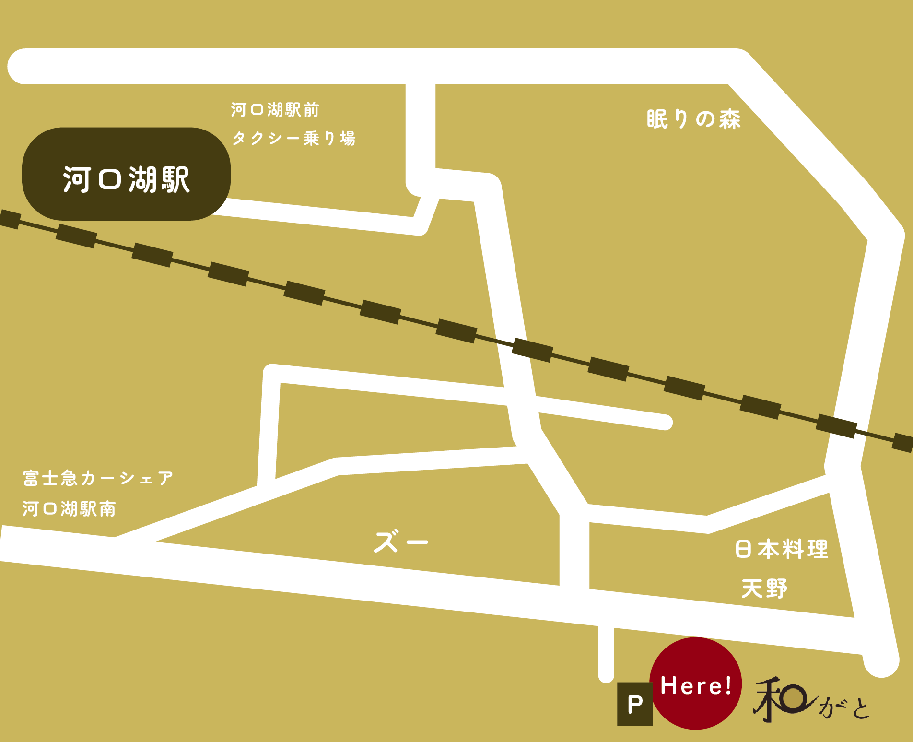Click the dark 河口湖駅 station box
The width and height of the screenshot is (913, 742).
click(x=126, y=174)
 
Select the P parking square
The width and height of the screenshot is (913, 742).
click(x=635, y=704)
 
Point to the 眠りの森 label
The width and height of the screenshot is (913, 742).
click(x=693, y=119)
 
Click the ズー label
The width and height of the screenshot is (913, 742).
click(x=401, y=542)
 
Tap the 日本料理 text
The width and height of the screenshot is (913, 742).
click(x=782, y=549)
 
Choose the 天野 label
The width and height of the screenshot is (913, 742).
click(x=764, y=589)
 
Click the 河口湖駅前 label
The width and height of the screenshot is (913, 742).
click(x=275, y=110)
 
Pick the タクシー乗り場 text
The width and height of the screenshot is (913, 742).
click(x=293, y=138)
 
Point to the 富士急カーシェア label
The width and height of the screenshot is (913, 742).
click(x=98, y=478)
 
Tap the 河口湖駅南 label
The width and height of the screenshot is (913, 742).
click(x=69, y=508)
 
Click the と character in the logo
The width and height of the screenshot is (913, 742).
click(x=861, y=709)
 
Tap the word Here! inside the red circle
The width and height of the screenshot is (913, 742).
click(x=695, y=685)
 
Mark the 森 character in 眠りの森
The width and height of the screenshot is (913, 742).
click(x=729, y=119)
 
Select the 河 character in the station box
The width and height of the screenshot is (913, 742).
click(x=77, y=180)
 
